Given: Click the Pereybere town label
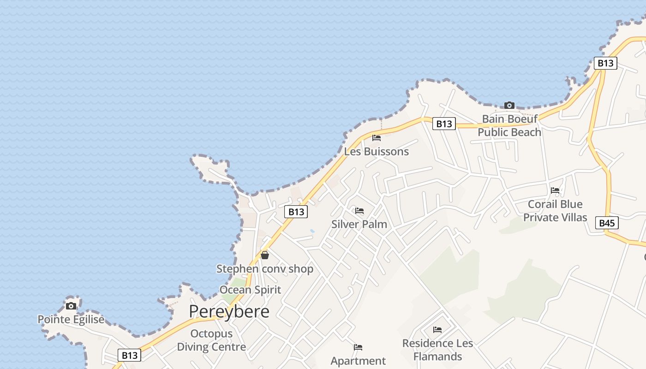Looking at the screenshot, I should coord(229,312).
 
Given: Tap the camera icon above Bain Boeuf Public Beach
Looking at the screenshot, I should coord(509,106).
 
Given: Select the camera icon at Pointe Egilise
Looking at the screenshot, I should coord(71,306).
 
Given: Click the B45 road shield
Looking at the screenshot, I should coord(607,223).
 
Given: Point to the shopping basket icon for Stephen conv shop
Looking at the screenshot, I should coord(265,255).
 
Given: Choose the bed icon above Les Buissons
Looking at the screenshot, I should coord(377,138).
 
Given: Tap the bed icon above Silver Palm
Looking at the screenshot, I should coord(359,211).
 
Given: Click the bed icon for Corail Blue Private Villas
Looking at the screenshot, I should coord(555,190).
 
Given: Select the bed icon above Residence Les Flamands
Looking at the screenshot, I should coord(437,329).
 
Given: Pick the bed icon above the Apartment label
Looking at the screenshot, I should coord(358,347).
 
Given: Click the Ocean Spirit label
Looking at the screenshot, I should coord(250,290).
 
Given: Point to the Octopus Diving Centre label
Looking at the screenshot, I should coord(211,340).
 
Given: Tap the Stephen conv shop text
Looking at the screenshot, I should coord(265,268).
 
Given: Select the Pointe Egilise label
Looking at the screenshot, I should coord(71,319).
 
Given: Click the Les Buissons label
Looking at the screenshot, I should coord(377,151).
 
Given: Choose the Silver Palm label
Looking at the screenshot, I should coord(359,224).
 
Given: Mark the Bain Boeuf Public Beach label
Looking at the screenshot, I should coord(509,125).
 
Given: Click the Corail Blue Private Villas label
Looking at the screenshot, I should coord(555,211).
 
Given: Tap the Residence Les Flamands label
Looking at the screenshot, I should coord(437,350).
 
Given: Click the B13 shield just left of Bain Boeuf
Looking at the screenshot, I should coord(444,124).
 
